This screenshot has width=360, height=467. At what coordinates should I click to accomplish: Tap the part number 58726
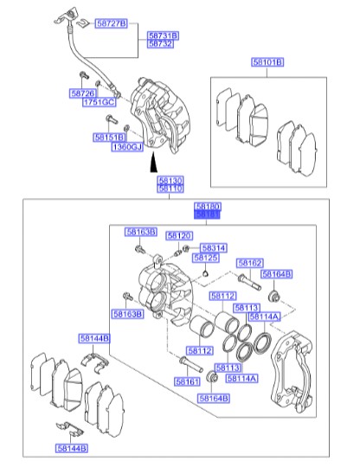(82, 93)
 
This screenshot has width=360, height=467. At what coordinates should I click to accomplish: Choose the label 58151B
(108, 137)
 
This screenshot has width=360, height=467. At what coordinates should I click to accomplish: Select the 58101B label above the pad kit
(267, 63)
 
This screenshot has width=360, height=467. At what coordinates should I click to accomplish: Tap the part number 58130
(170, 179)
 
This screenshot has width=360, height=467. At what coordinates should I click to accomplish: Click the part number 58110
(170, 188)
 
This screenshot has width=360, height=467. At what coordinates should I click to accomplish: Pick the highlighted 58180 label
(207, 208)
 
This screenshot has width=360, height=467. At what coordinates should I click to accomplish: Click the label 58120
(179, 235)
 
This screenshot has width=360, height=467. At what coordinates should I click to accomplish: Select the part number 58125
(206, 258)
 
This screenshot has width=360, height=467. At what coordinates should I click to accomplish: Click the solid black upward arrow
(154, 162)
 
